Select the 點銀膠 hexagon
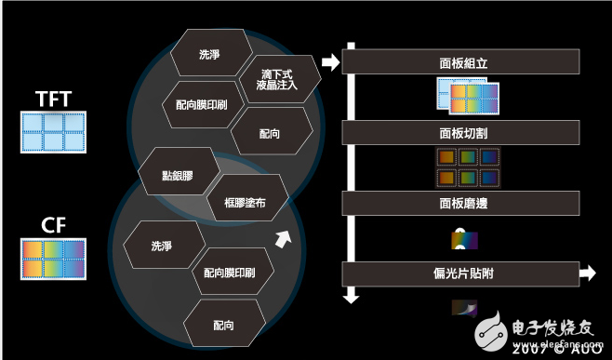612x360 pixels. coord(178,173)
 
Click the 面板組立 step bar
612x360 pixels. coord(462,62)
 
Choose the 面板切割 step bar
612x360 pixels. coord(462,133)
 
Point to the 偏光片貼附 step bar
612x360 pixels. coord(462,273)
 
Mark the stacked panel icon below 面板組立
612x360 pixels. coord(469,96)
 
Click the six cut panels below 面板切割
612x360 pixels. coord(469,167)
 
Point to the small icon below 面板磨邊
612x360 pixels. coord(463,239)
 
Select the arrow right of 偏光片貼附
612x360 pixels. coord(586,273)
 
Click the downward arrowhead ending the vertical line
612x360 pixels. coord(351,297)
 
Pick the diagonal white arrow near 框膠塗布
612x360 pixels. coord(285,238)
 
